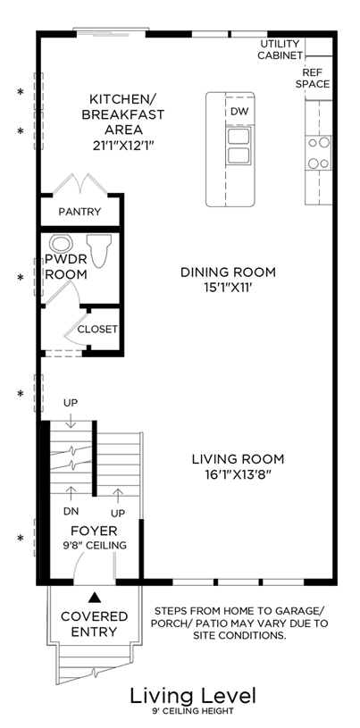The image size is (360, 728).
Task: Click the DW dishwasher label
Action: (x=239, y=112)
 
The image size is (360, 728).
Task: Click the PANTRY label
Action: (x=80, y=212)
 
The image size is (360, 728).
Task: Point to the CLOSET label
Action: (x=97, y=330)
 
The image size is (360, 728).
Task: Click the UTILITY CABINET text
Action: (x=280, y=50)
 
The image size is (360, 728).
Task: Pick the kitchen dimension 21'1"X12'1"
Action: (x=123, y=145)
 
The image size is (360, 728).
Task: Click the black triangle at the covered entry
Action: (x=95, y=597)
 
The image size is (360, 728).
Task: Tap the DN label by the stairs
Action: (x=71, y=511)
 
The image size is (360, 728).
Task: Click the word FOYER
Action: (x=94, y=531)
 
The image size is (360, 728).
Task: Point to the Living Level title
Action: (x=193, y=696)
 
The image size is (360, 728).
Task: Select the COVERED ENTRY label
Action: (x=95, y=623)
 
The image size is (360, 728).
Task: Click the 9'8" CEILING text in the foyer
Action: (x=94, y=545)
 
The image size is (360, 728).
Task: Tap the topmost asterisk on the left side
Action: (x=20, y=92)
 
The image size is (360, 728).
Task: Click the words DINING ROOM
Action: (x=228, y=272)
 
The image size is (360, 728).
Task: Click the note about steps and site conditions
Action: (x=240, y=623)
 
